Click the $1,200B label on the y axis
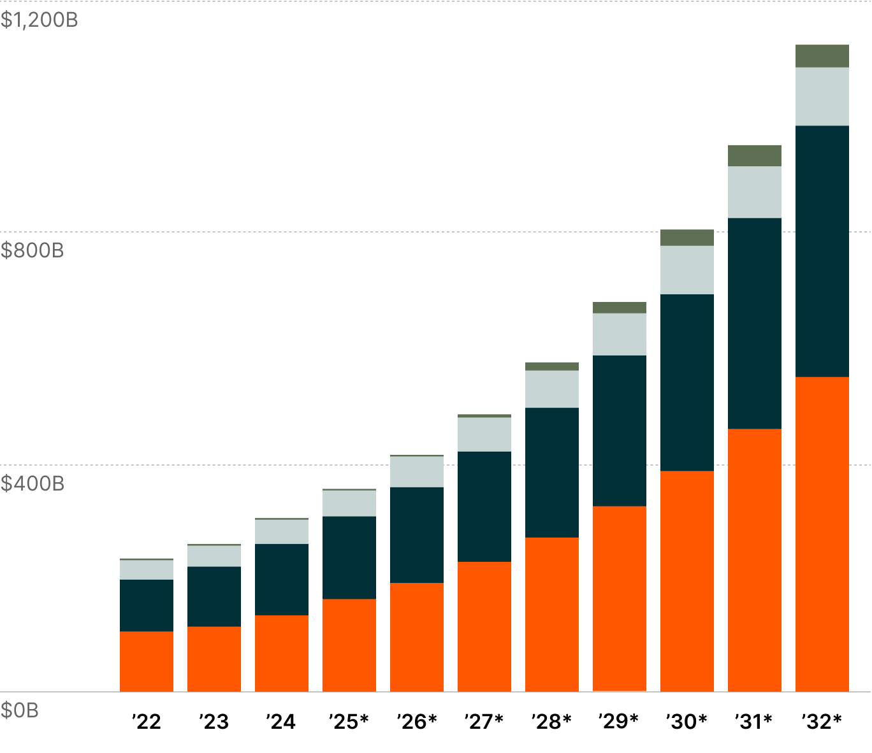(x=39, y=20)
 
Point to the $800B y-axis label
(x=33, y=250)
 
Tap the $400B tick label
(x=33, y=484)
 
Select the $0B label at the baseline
(x=20, y=710)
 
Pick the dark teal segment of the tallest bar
(x=822, y=251)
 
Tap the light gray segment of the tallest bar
(x=822, y=96)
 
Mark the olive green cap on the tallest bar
(x=822, y=56)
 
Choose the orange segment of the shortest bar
(x=147, y=661)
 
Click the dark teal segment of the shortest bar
(x=147, y=605)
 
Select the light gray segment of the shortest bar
(x=147, y=570)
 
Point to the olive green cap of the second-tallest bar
(x=754, y=155)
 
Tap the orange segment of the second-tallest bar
(x=754, y=560)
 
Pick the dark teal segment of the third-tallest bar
(x=687, y=382)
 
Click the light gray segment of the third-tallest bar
(x=687, y=269)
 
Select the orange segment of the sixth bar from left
(x=484, y=626)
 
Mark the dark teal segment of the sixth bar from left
(x=484, y=506)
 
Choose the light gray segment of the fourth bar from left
(x=349, y=503)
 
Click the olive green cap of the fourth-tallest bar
(x=620, y=308)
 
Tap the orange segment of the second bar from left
(x=214, y=659)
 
